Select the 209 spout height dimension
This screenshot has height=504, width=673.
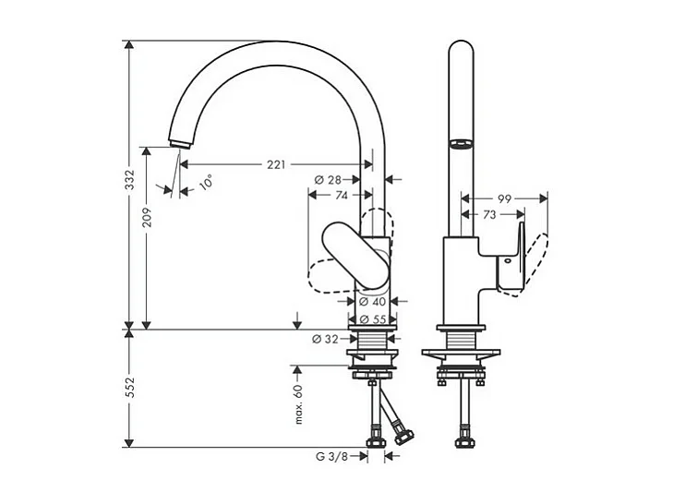147,217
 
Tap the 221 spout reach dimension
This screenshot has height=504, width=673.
275,165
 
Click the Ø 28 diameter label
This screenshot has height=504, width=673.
329,179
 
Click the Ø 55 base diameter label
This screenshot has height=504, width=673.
373,319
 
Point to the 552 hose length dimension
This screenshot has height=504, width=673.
130,388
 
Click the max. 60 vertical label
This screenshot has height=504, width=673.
298,404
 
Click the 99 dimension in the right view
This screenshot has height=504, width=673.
504,198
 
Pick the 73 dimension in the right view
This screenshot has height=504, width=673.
491,214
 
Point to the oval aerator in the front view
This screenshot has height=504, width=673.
459,143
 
